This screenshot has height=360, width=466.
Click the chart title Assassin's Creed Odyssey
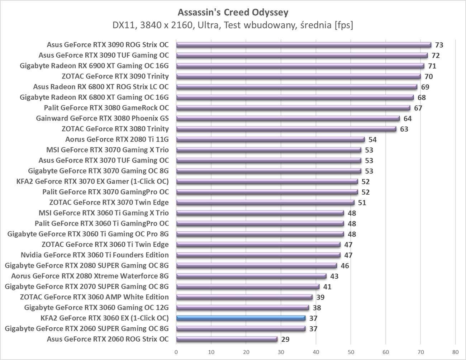(233, 13)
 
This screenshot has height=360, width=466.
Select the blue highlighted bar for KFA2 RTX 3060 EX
(241, 318)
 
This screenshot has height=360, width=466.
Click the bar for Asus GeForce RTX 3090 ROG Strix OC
(304, 45)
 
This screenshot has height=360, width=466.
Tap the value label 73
(439, 45)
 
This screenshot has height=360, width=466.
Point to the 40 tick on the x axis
(316, 351)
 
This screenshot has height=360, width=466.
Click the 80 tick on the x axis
(455, 351)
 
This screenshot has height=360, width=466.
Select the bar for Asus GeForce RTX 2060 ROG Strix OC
(227, 339)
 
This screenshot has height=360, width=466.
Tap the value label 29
(285, 340)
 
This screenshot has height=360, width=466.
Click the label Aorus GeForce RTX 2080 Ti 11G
(117, 139)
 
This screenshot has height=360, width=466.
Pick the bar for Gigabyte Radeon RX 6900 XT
(300, 66)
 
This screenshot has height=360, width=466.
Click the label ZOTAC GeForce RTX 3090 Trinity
(115, 76)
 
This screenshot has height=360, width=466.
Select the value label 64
(407, 119)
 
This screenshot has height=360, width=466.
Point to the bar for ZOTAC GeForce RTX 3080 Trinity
(286, 129)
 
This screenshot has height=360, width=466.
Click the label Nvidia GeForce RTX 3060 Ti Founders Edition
(95, 255)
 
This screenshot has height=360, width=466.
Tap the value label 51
(362, 203)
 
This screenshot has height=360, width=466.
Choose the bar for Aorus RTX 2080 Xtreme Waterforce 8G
(251, 276)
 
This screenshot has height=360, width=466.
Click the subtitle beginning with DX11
(233, 25)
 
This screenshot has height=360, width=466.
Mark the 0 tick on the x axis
(176, 351)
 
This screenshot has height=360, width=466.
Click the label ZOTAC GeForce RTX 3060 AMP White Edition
(94, 297)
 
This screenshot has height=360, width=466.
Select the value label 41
(327, 287)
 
